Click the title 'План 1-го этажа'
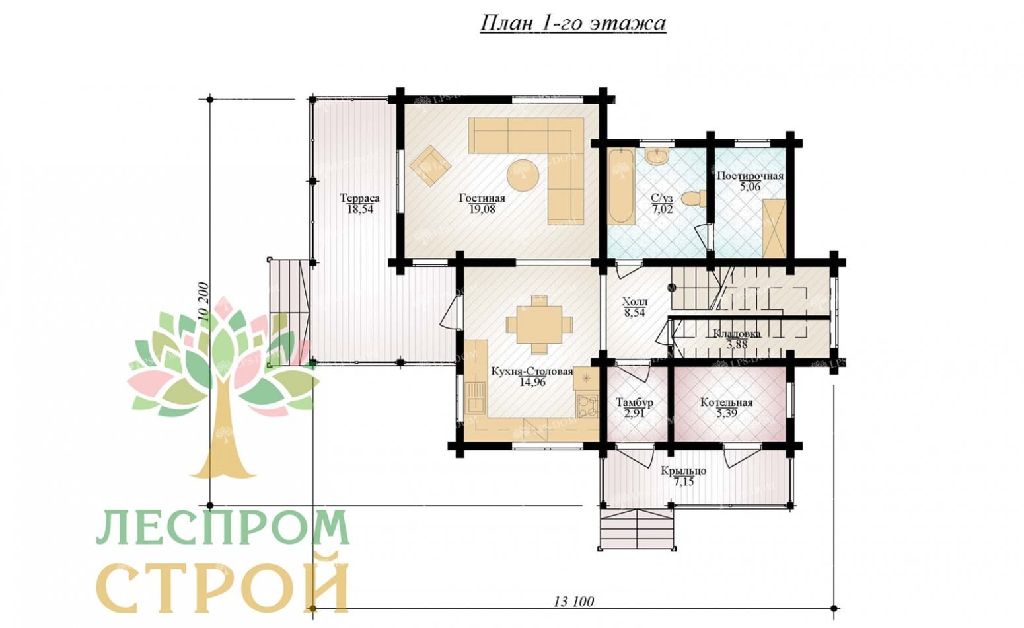[573, 24]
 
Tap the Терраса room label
[360, 198]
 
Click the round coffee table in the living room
[523, 175]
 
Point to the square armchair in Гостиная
[430, 165]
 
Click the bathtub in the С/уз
[621, 186]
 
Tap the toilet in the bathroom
[693, 198]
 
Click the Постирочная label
[750, 176]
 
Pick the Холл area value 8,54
[634, 313]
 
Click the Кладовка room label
[737, 333]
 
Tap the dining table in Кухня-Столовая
[540, 325]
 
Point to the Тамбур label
[634, 403]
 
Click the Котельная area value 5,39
[727, 414]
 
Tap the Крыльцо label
[683, 471]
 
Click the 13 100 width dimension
[573, 602]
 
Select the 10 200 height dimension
[204, 302]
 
